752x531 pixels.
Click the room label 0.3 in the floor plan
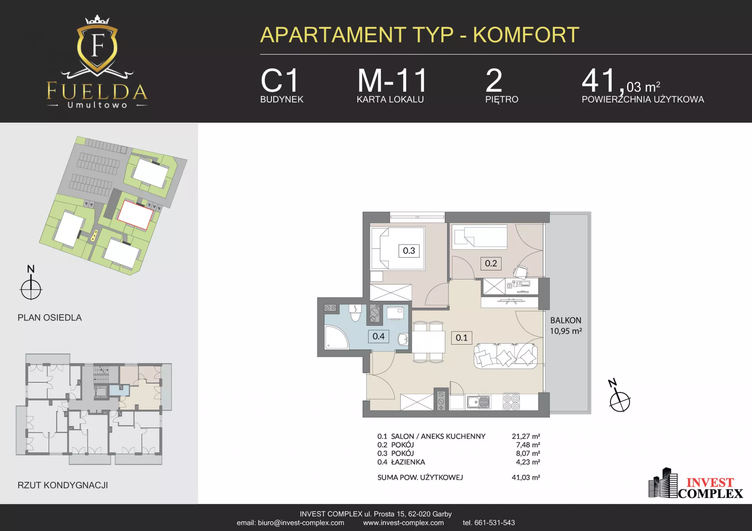click(x=409, y=251)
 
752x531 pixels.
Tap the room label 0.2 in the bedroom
click(x=491, y=263)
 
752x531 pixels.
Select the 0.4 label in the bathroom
click(x=378, y=336)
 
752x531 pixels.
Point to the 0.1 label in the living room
click(x=461, y=338)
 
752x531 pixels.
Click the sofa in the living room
click(x=506, y=356)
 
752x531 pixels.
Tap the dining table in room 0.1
click(x=428, y=342)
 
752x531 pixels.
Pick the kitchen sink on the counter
click(x=478, y=402)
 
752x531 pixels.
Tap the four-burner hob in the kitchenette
click(x=511, y=402)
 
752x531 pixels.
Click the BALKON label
click(x=566, y=320)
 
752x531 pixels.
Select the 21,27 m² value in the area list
click(x=526, y=436)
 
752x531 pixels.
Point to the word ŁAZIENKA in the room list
click(x=408, y=462)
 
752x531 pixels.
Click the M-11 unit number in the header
click(x=392, y=81)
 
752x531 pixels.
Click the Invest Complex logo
click(x=696, y=484)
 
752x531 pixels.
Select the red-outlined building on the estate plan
click(x=136, y=214)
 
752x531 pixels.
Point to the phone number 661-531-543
click(x=494, y=523)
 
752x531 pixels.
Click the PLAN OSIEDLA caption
click(x=50, y=318)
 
